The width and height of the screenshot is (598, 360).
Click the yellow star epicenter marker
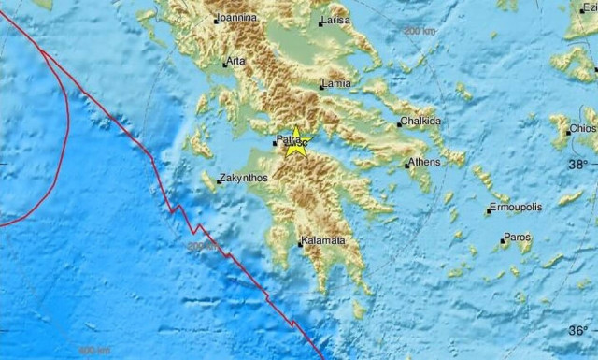[x=296, y=144]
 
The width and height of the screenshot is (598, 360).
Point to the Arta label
[x=236, y=62]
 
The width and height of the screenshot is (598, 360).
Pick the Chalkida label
[x=420, y=122]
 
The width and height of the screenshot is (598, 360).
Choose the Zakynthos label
[x=244, y=178]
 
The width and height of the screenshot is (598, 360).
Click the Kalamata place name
[x=323, y=241]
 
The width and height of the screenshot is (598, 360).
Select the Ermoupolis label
[x=517, y=207]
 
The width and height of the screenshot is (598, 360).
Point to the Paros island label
[x=517, y=238]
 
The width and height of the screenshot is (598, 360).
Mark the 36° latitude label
[x=578, y=329]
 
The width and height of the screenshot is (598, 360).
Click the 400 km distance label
[x=93, y=350]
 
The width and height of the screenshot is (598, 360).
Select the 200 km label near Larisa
[x=420, y=31]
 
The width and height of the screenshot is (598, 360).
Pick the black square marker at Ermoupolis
[x=488, y=211]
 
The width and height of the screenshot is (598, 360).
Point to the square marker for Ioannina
[x=214, y=20]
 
